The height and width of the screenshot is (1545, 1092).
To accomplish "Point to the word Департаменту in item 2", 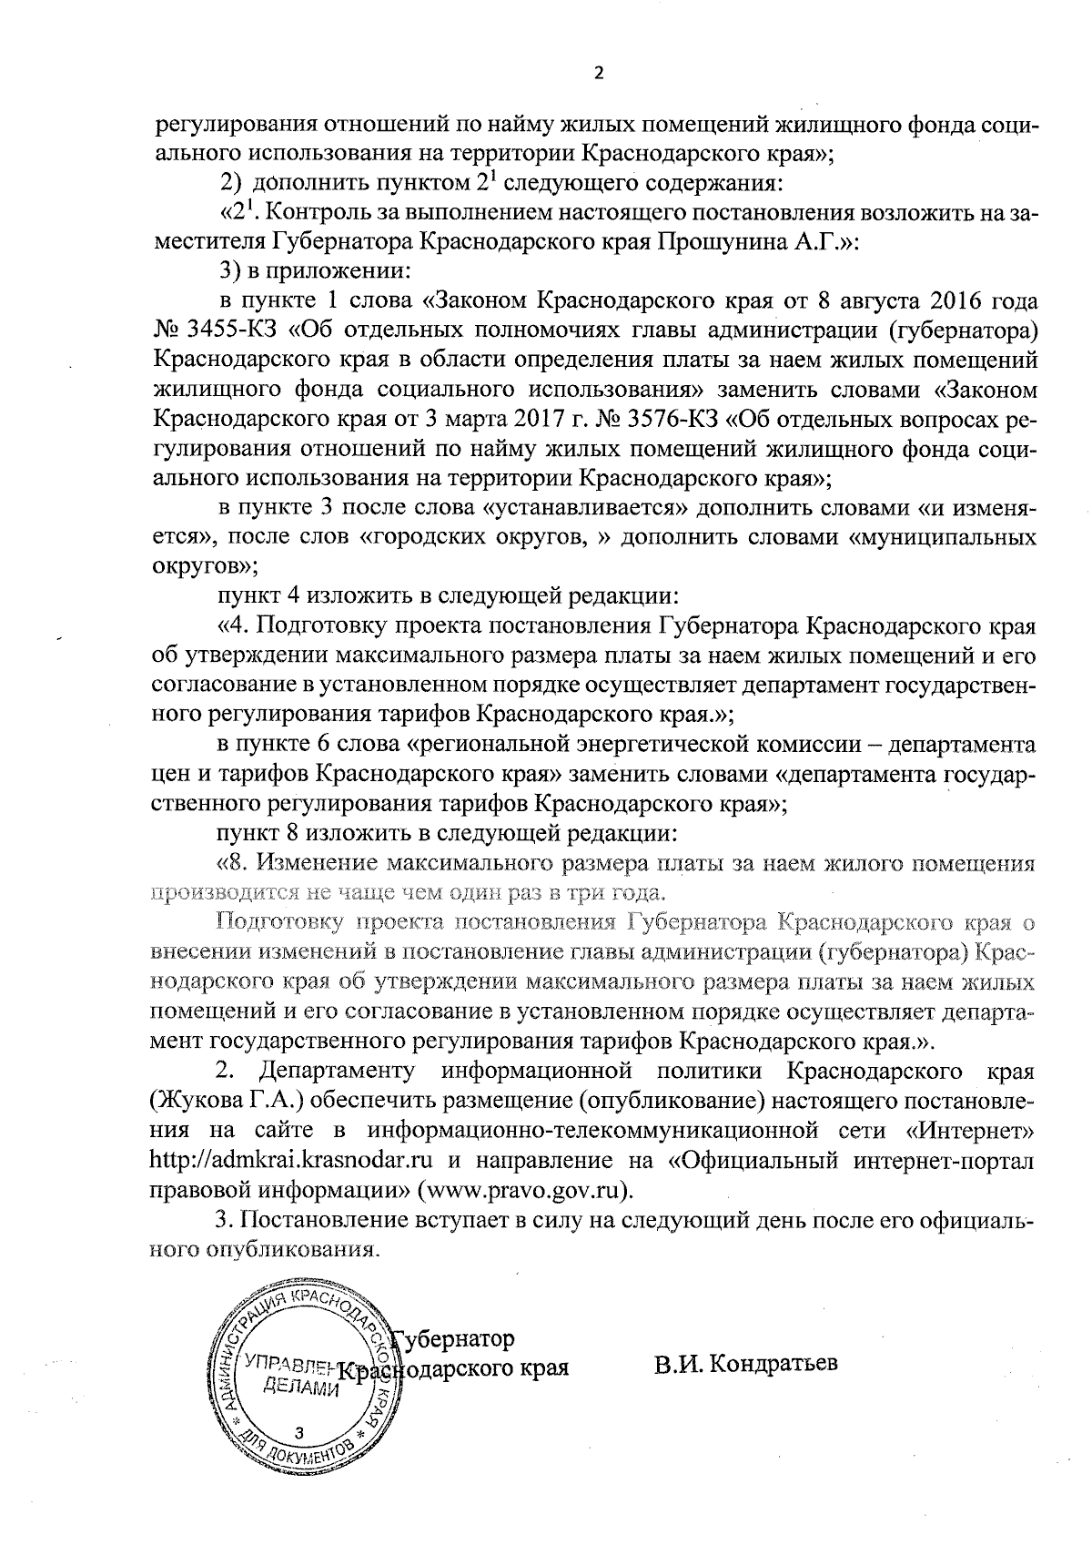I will (338, 1070).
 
